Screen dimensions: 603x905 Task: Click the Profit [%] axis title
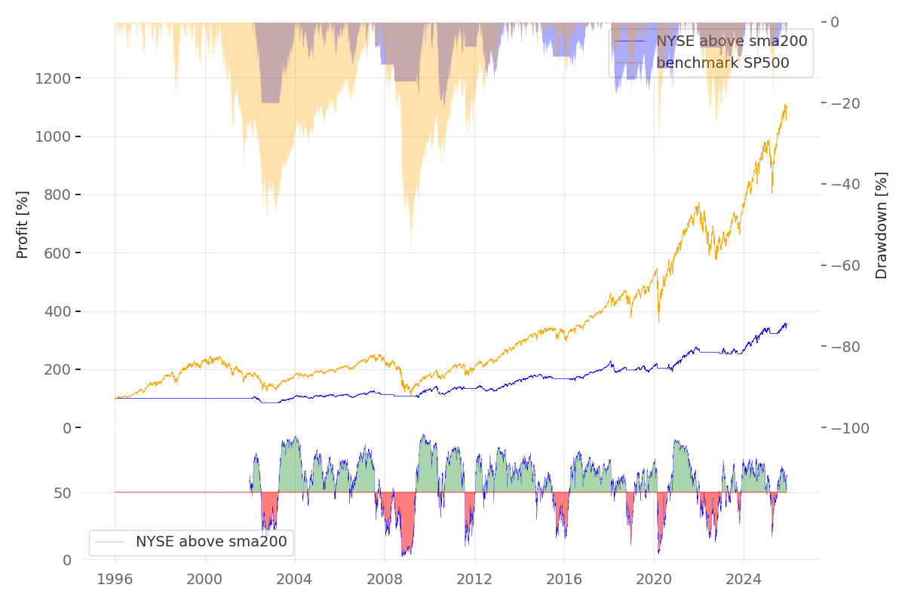pyautogui.click(x=23, y=225)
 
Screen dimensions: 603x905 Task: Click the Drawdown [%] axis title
pyautogui.click(x=881, y=225)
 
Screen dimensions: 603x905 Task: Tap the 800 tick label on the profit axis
pyautogui.click(x=57, y=195)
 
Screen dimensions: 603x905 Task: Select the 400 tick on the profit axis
pyautogui.click(x=57, y=311)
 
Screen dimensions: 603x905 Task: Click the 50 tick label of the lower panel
pyautogui.click(x=64, y=493)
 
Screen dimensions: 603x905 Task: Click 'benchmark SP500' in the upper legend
pyautogui.click(x=722, y=63)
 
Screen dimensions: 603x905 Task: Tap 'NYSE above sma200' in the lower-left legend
pyautogui.click(x=211, y=541)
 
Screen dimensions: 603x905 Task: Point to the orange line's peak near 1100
pyautogui.click(x=785, y=106)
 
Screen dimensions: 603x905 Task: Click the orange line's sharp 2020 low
pyautogui.click(x=658, y=321)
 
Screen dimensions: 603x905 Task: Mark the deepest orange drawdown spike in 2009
pyautogui.click(x=411, y=246)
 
